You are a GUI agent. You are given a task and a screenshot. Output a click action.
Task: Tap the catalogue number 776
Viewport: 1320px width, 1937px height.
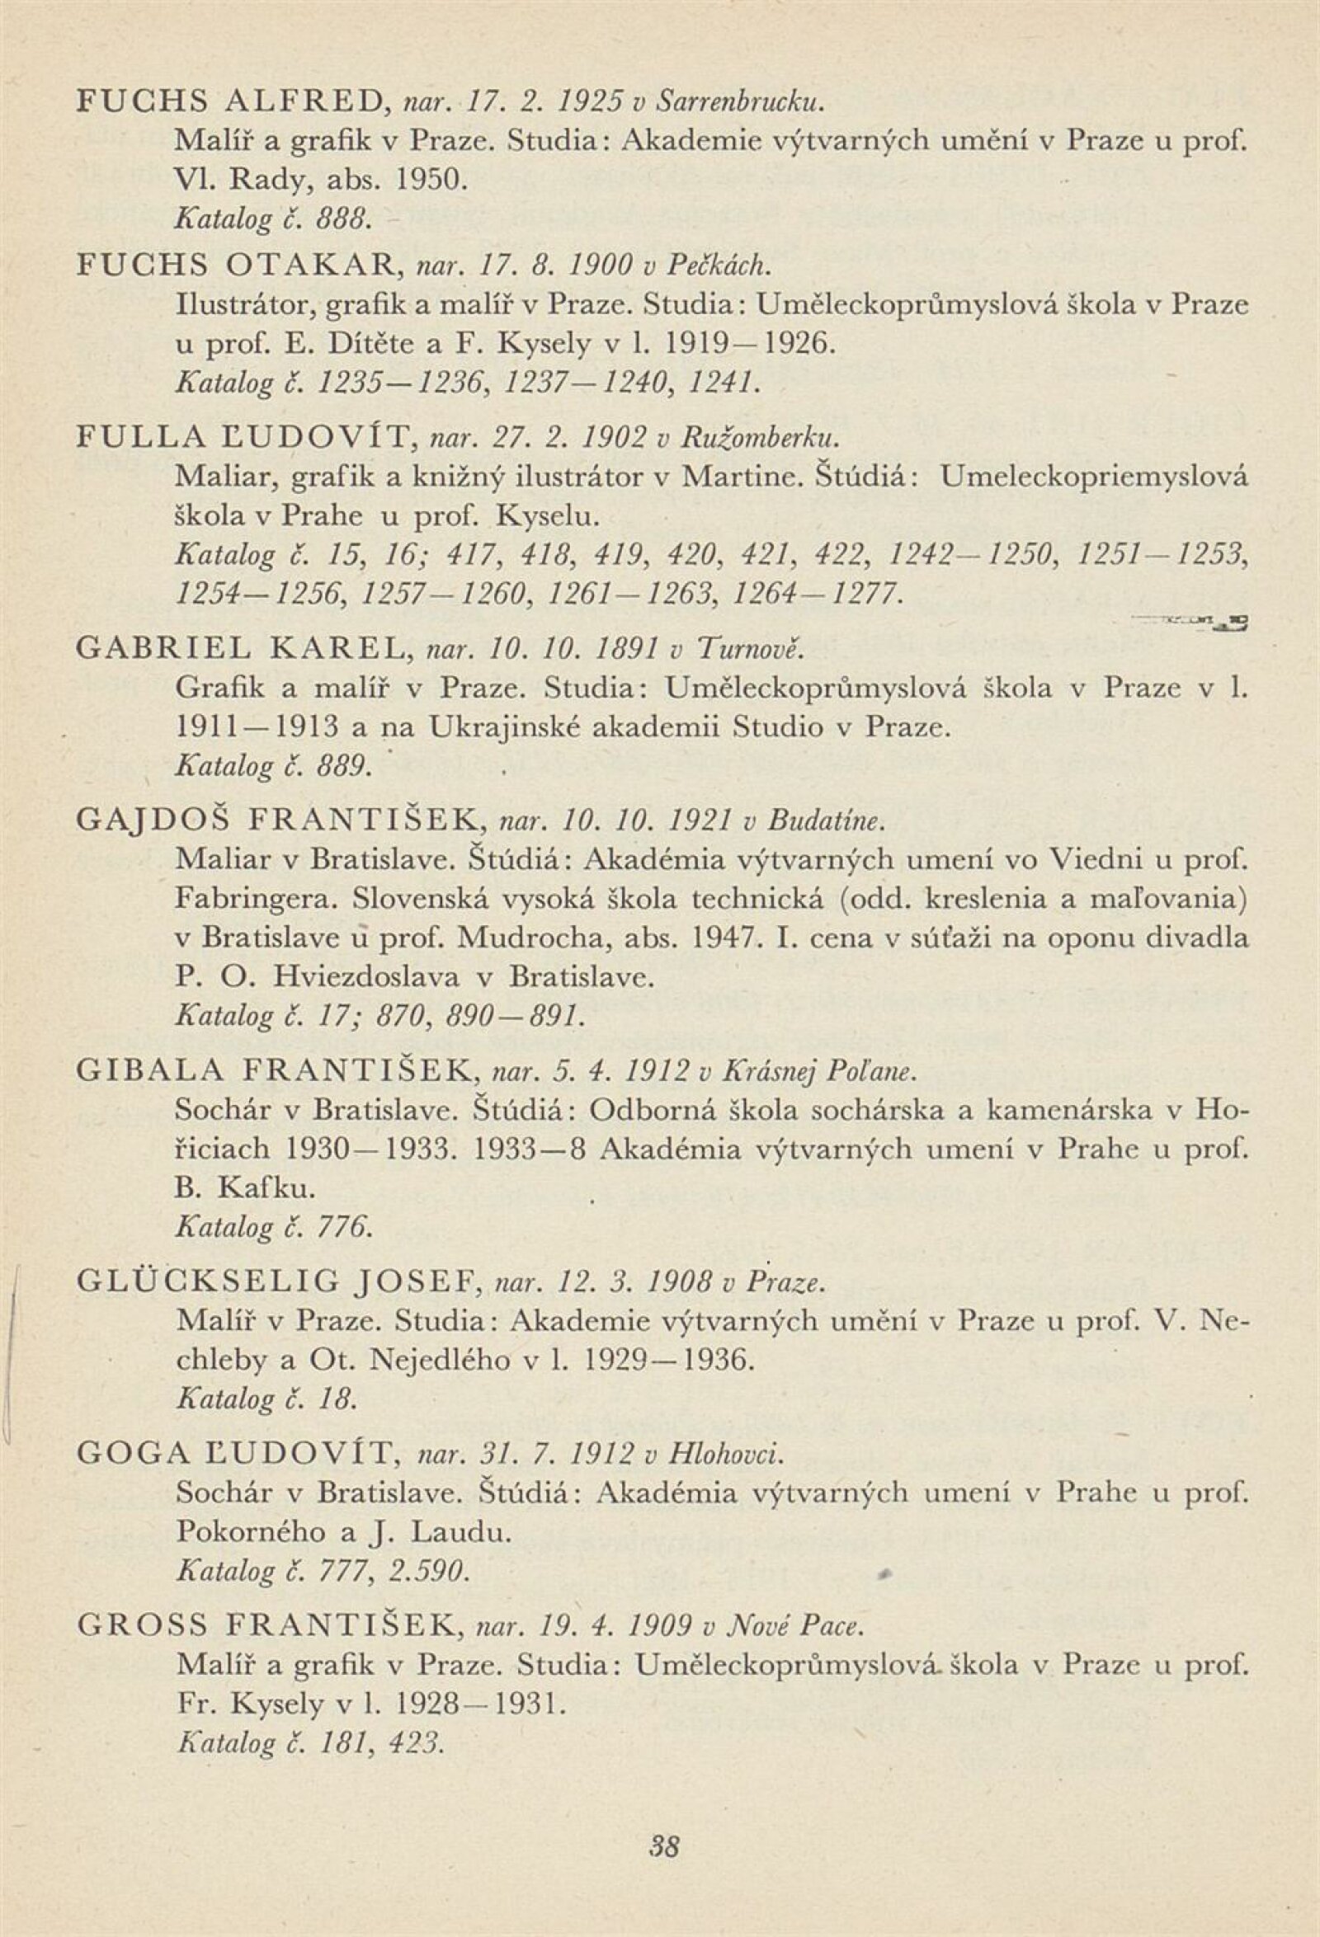pyautogui.click(x=342, y=1228)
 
